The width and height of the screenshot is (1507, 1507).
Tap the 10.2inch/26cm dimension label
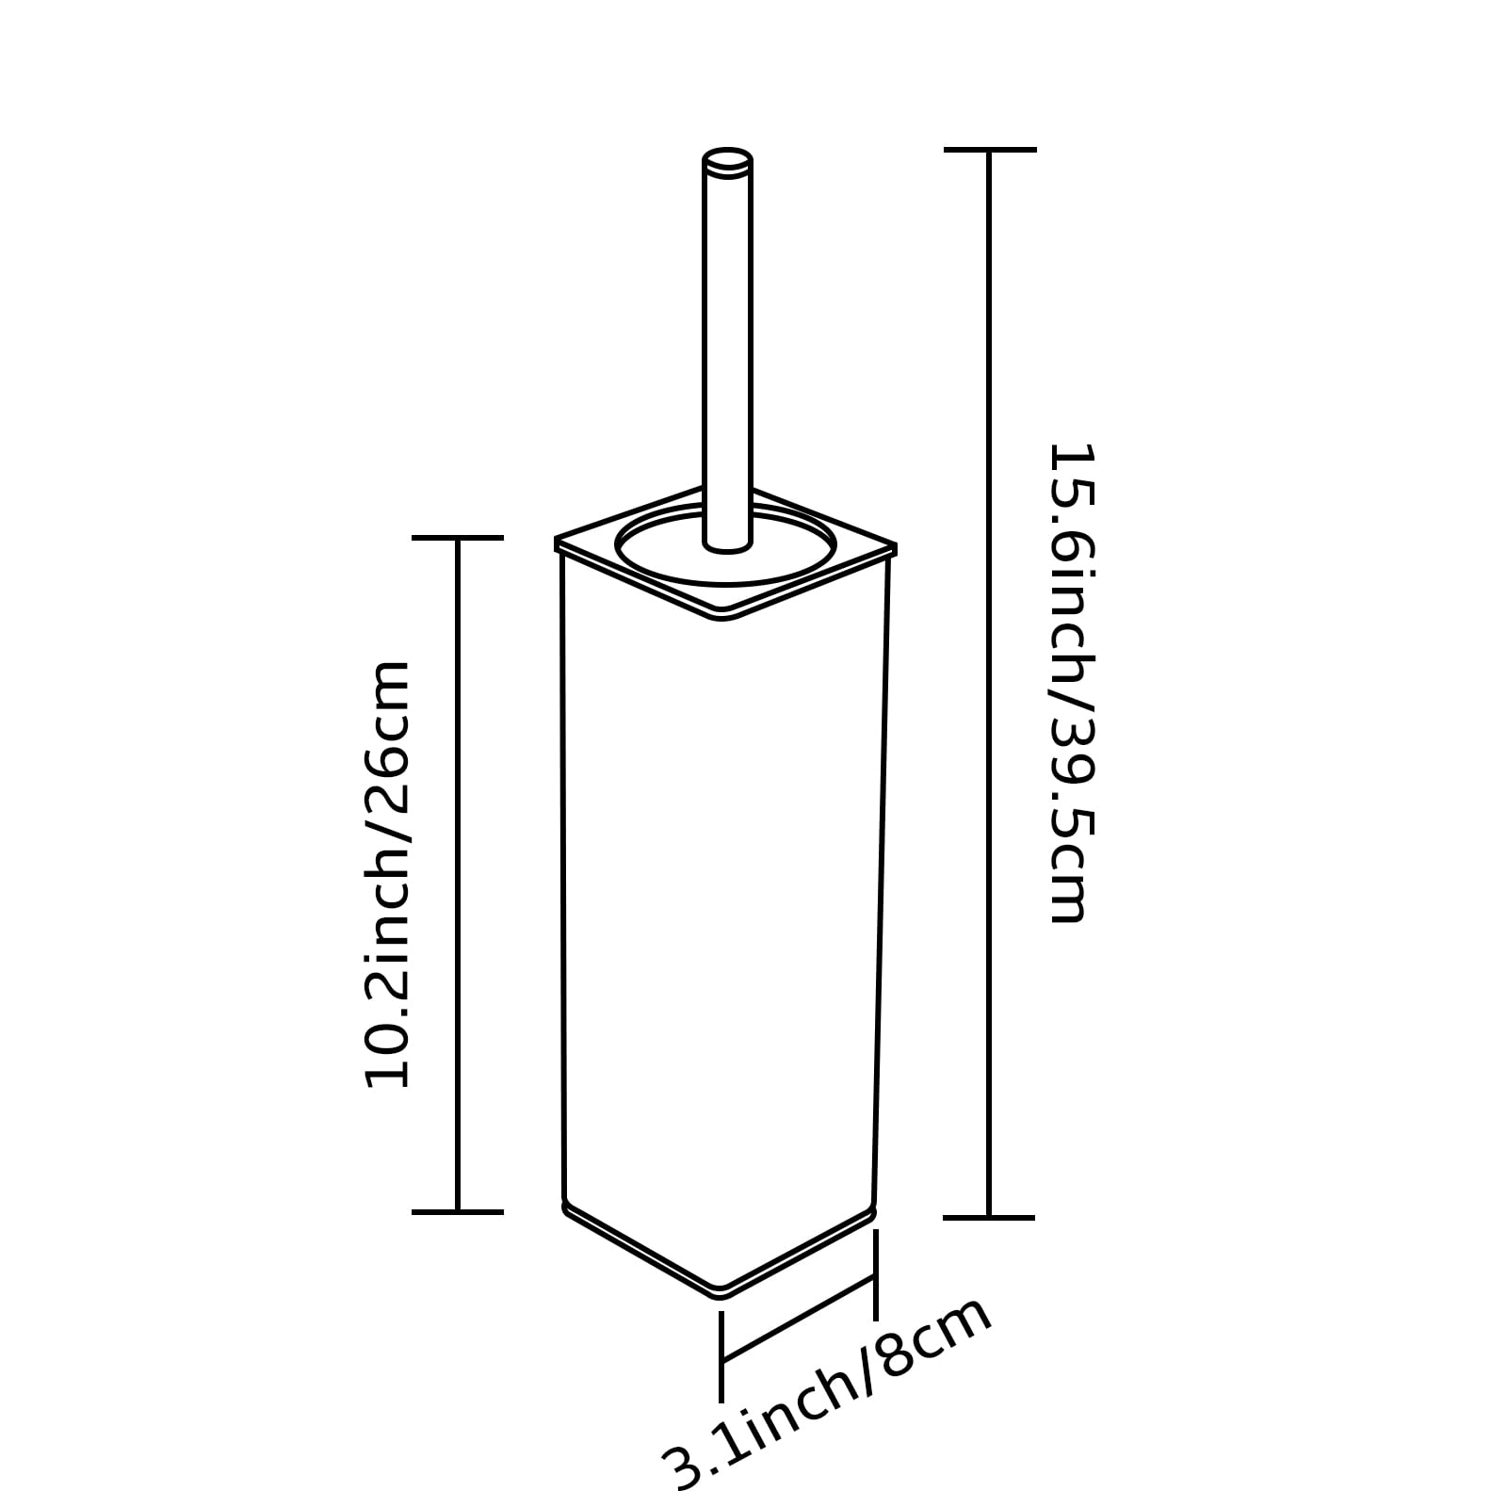coord(387,874)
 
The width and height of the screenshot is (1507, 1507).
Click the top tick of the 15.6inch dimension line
coord(989,149)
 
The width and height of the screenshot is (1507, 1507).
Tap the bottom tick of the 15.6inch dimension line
coord(989,1217)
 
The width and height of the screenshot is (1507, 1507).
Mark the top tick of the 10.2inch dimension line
coord(458,538)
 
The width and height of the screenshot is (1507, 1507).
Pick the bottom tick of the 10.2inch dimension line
coord(458,1211)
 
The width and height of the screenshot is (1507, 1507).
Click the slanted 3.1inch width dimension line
coord(799,1319)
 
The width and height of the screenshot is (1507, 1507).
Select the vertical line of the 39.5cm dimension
coord(989,683)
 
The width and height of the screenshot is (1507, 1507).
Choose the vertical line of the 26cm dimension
coord(458,874)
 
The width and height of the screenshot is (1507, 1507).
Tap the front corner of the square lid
coord(722,616)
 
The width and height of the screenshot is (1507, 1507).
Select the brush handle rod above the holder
coord(727,348)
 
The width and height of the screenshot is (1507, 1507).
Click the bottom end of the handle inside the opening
coord(727,545)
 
